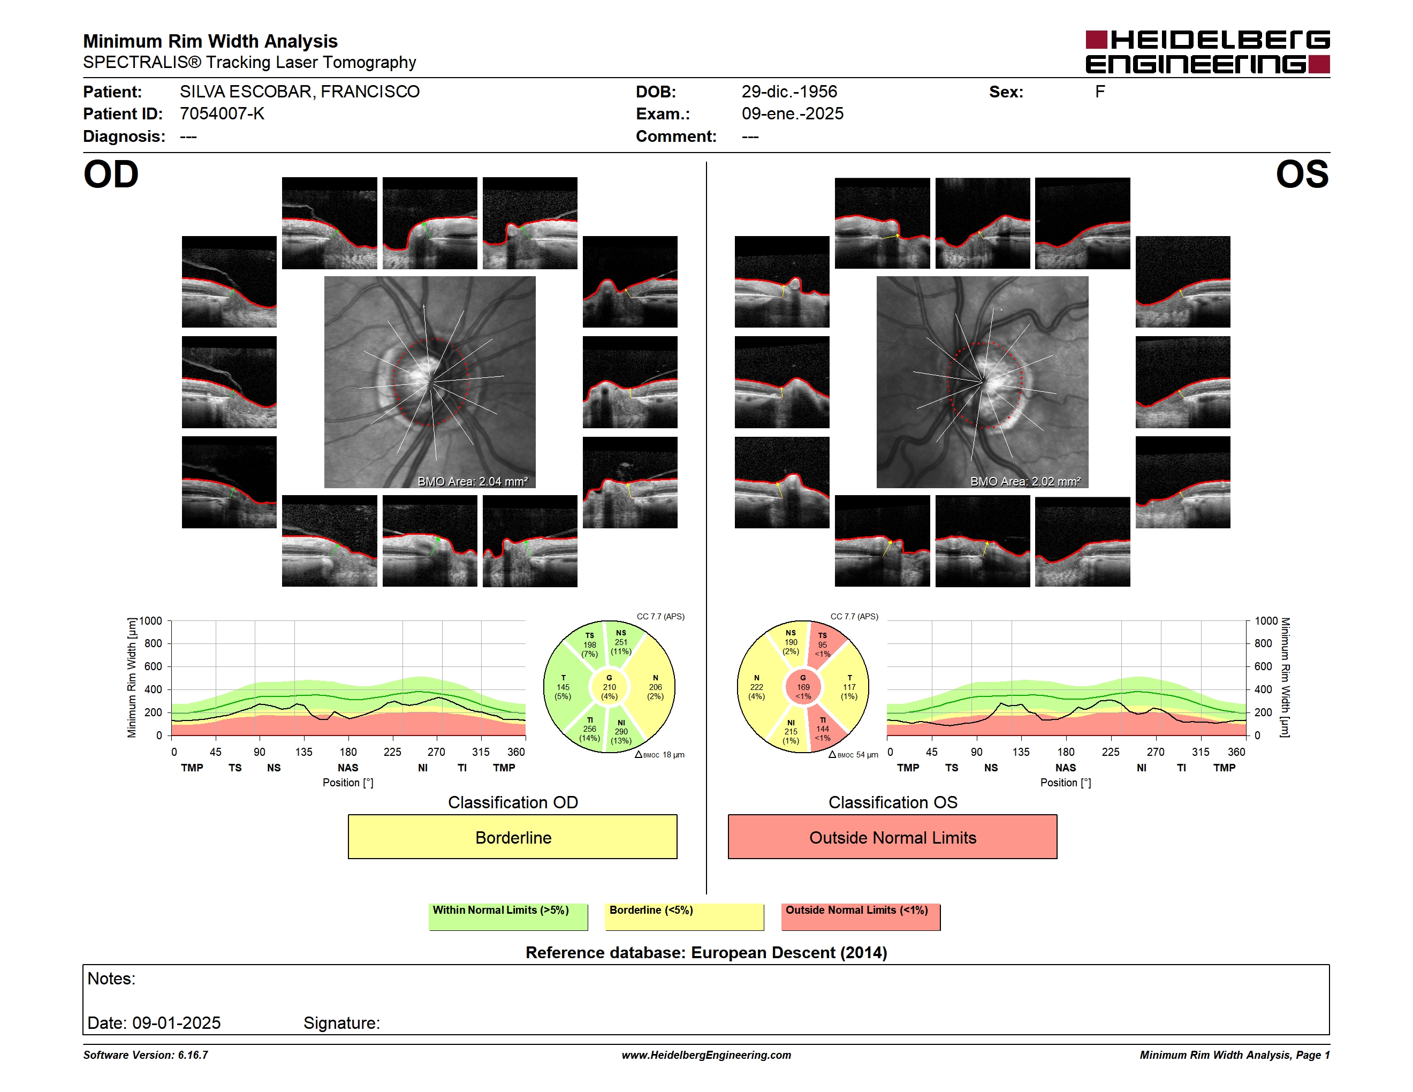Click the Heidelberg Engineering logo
[1207, 52]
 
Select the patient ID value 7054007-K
[222, 114]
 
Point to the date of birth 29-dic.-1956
[789, 92]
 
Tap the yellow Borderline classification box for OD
[512, 837]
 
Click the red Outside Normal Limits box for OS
[892, 837]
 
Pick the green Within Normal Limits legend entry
[508, 916]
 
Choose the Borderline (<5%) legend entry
[684, 916]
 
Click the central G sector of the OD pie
[609, 688]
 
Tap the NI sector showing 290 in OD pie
[621, 732]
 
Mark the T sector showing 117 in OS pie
[849, 688]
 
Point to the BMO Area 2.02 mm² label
[1025, 481]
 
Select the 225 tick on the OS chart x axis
[1110, 752]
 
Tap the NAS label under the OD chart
[347, 768]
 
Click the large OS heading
[1302, 175]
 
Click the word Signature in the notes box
[341, 1023]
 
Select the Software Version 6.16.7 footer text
[146, 1055]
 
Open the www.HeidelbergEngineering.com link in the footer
[706, 1055]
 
